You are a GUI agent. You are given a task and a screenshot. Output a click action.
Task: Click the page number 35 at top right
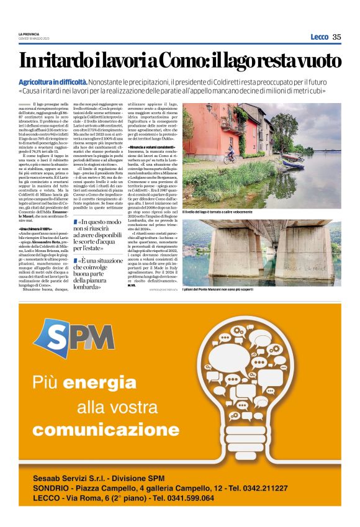tap(336, 37)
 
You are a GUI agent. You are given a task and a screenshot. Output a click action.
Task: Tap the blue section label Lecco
tap(319, 37)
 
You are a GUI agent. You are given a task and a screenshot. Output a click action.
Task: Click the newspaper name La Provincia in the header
tap(29, 34)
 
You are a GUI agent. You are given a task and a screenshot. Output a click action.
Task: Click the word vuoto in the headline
tap(315, 61)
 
